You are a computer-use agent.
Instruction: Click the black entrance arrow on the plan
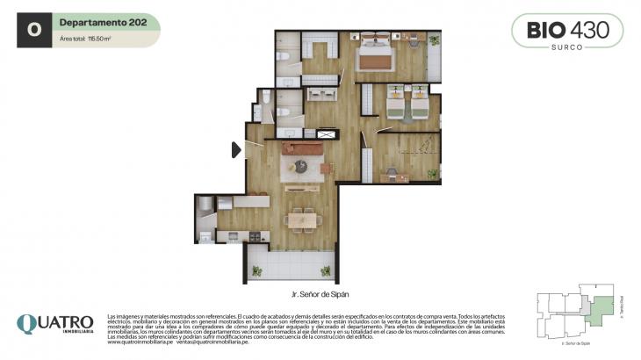[236, 150]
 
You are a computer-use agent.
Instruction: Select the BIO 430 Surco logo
[567, 32]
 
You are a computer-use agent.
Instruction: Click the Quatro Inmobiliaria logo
[54, 325]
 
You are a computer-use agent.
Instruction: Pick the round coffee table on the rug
[301, 165]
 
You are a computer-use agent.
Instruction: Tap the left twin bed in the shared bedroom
[400, 104]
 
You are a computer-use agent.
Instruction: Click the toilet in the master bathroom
[283, 56]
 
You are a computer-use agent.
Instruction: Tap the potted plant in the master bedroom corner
[435, 39]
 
